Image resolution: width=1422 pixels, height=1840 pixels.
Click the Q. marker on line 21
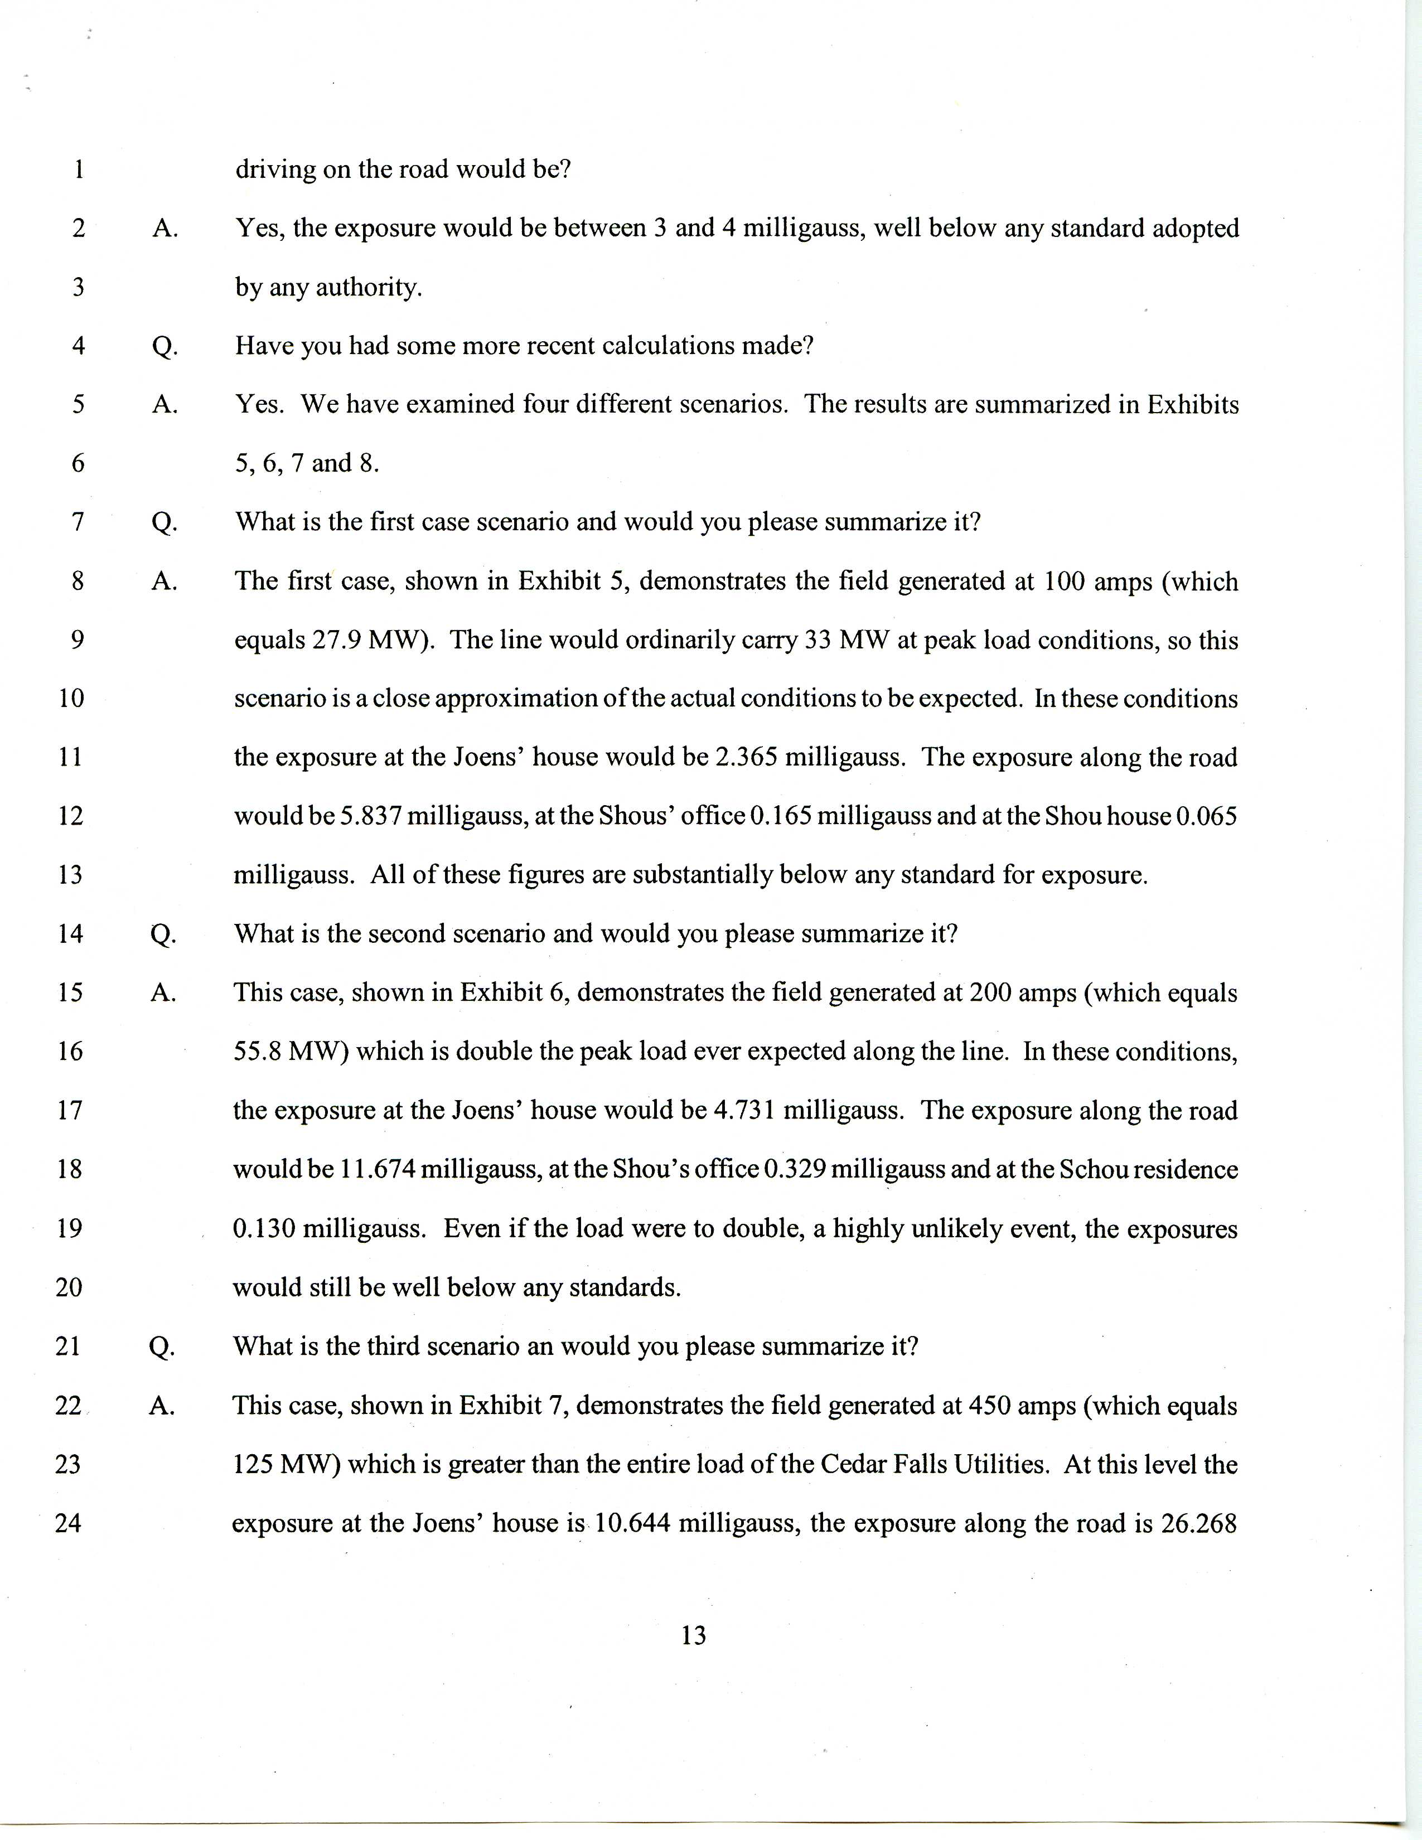(162, 1347)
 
